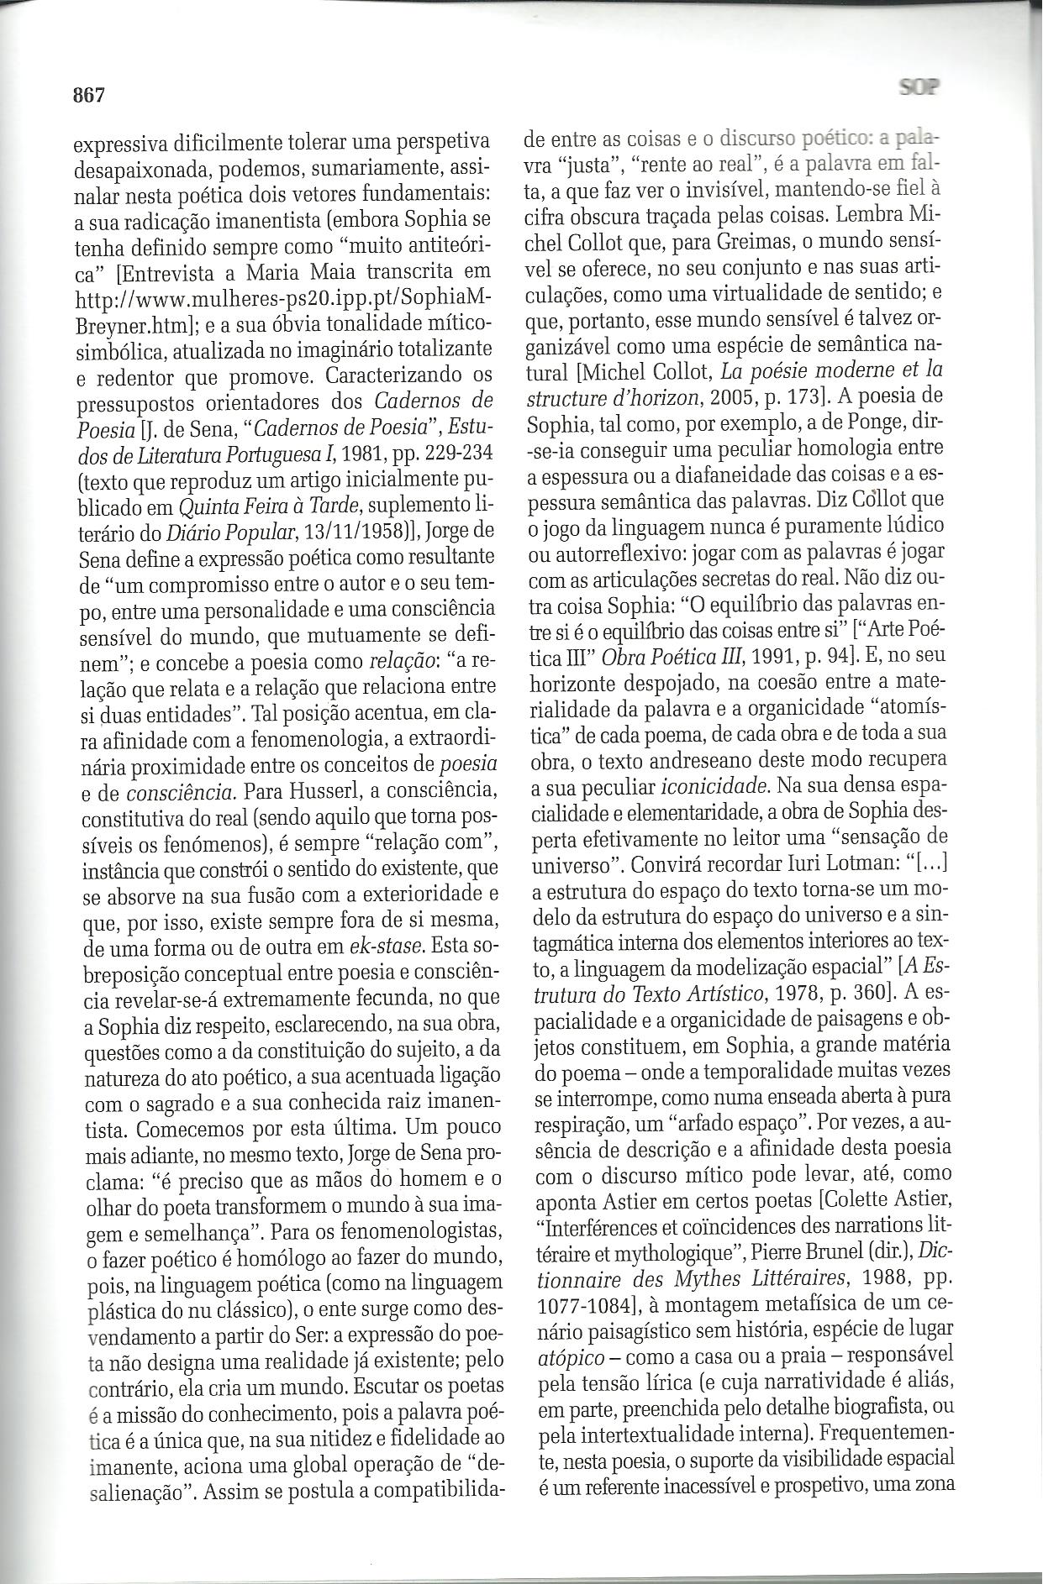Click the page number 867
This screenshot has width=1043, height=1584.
87,95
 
